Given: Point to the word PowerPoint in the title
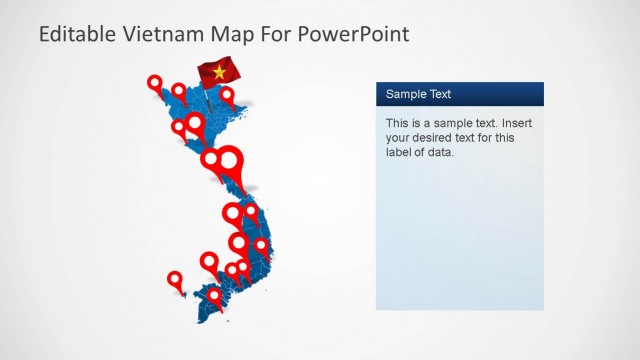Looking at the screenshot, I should click(x=354, y=34).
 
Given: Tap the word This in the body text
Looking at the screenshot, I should click(x=398, y=123).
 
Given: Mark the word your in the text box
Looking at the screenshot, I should click(x=399, y=138).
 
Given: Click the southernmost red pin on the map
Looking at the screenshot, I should click(x=214, y=296).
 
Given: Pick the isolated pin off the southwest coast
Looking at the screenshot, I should click(x=175, y=280).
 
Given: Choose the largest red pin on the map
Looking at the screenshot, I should click(x=230, y=160).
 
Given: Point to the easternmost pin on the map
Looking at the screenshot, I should click(x=261, y=245).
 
